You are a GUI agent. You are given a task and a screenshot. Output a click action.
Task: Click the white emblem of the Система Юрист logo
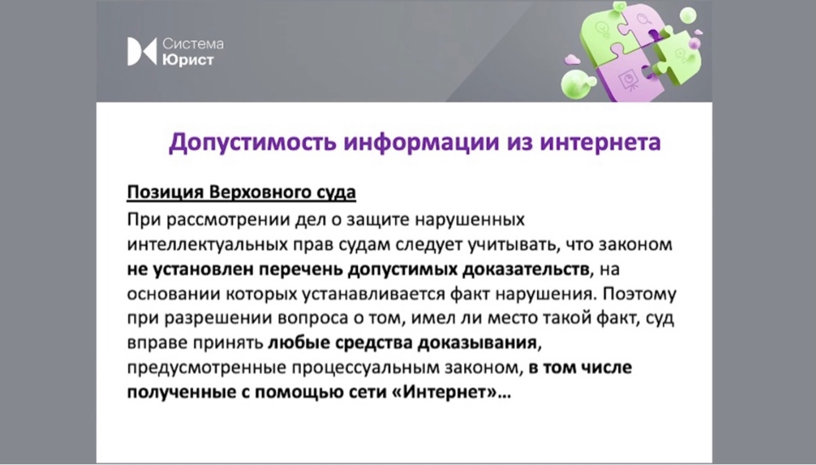(x=142, y=52)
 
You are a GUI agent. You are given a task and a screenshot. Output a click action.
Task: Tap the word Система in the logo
(x=193, y=43)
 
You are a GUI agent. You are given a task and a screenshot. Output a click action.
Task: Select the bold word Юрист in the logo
(x=188, y=60)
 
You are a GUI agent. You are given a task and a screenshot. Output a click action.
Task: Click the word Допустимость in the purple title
(x=252, y=142)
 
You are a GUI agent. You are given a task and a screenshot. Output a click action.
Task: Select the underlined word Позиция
(x=165, y=192)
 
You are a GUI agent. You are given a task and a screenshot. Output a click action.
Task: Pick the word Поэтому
(x=639, y=293)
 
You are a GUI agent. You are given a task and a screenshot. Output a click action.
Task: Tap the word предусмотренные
(x=206, y=367)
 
